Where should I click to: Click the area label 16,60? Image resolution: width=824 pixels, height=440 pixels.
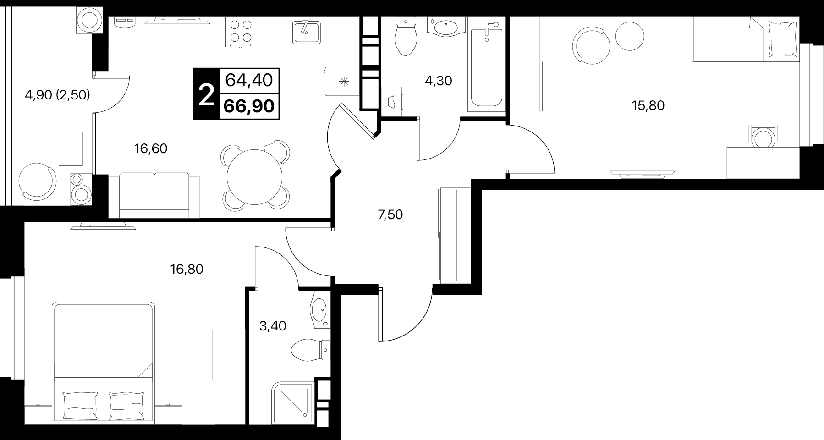pos(150,148)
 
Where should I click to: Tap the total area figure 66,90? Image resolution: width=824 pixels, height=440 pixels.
pos(249,106)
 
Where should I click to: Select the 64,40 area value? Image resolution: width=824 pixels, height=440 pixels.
pos(249,81)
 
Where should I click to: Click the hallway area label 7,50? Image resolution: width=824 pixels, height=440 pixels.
pos(390,214)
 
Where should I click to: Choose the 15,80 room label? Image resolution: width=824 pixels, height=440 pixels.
pos(648,105)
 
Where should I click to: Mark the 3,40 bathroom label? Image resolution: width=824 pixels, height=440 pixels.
pos(273,326)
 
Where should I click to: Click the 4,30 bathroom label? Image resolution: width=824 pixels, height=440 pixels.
pos(439,81)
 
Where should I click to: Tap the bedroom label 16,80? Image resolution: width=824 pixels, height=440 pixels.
pos(187,269)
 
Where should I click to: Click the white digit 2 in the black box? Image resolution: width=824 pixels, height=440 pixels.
pos(207,95)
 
